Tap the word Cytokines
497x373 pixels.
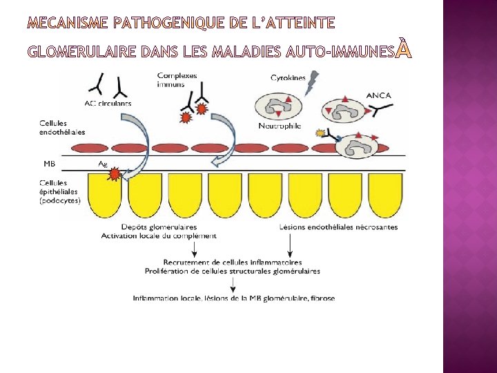(x=288, y=78)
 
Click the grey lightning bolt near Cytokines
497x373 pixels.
(x=311, y=84)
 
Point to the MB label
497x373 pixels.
(x=50, y=164)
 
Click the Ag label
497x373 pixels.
(x=103, y=164)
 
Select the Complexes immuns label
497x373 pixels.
(x=177, y=79)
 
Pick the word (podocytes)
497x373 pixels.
(x=59, y=200)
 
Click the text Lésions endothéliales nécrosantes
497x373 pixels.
(x=338, y=227)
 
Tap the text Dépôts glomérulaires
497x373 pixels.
(x=159, y=227)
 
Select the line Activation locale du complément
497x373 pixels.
(x=159, y=236)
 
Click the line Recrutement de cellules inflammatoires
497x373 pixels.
(x=233, y=262)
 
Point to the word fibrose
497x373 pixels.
(x=321, y=298)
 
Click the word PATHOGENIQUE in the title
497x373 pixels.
(x=170, y=23)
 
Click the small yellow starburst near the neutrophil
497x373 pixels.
(x=320, y=133)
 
